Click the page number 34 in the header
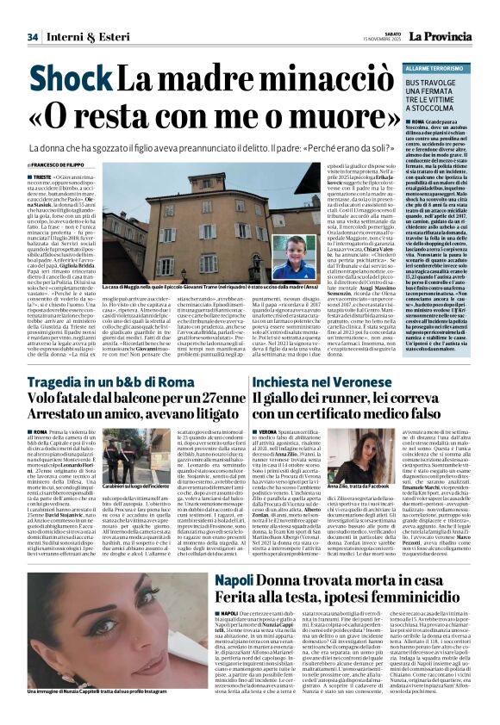[33, 37]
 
